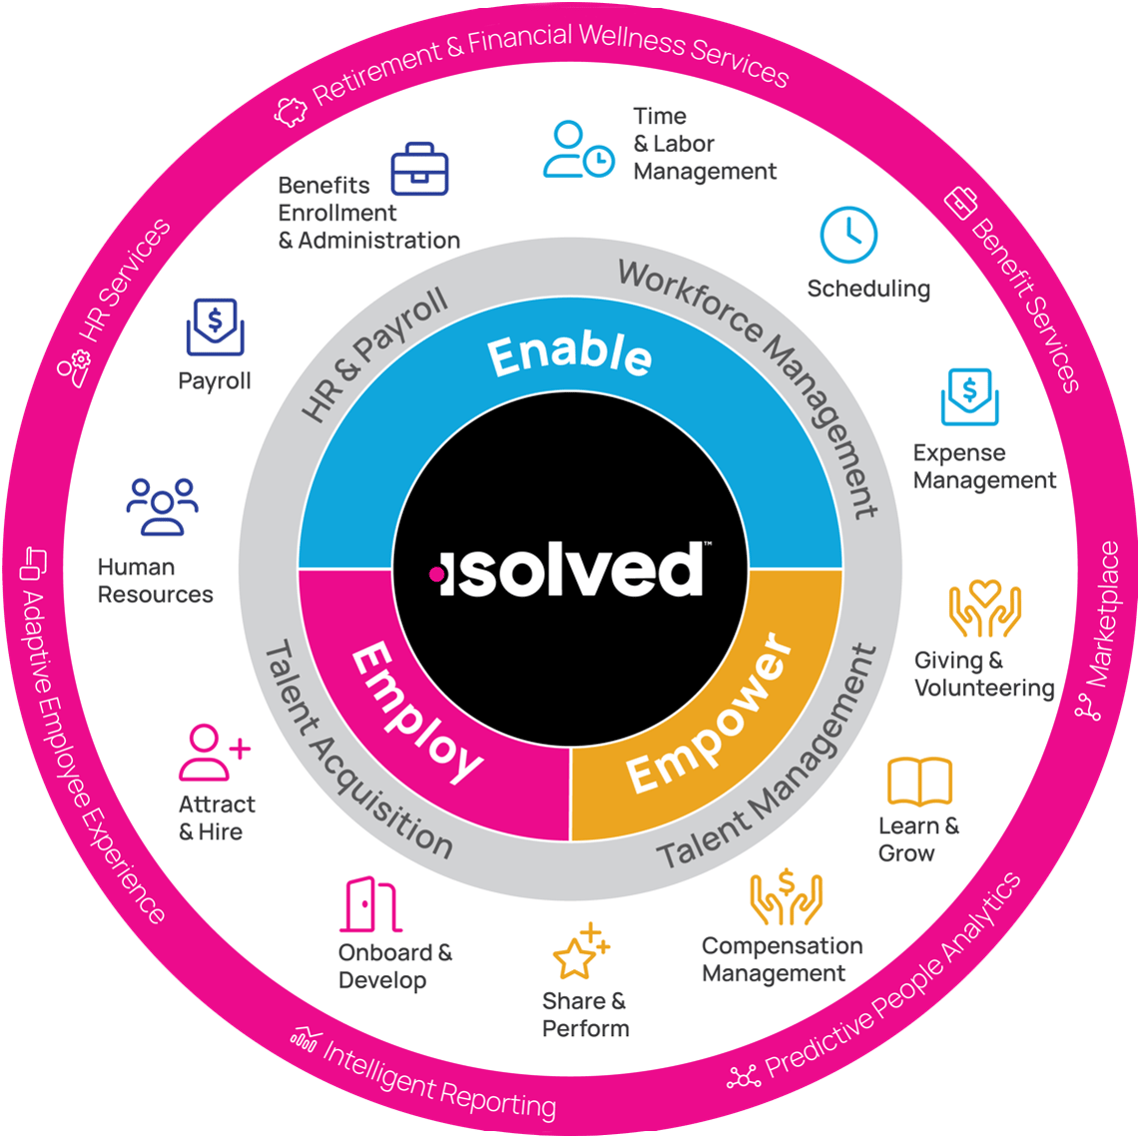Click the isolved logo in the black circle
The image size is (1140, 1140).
point(570,570)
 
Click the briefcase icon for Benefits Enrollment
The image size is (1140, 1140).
point(419,169)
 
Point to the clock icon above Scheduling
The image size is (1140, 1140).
point(849,236)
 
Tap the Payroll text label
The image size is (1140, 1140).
point(215,381)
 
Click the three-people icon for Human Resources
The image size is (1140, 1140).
point(162,507)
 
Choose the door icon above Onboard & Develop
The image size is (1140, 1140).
point(369,904)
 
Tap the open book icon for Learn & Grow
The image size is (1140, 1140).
point(919,783)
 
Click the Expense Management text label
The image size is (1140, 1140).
point(984,467)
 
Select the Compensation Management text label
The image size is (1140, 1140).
point(782,959)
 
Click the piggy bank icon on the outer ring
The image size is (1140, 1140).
point(291,112)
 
